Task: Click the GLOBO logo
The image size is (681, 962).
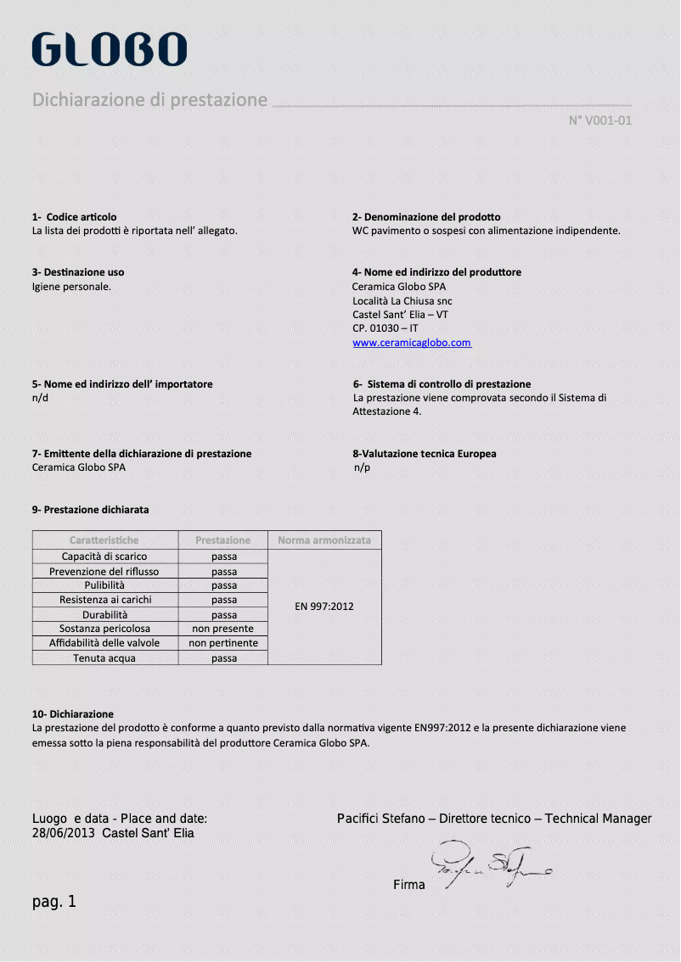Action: point(109,49)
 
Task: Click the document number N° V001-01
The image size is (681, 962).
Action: point(599,120)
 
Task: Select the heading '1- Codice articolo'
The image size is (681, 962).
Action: point(74,217)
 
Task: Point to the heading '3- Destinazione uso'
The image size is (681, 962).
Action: point(77,272)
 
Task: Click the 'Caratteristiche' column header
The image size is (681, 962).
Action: point(104,540)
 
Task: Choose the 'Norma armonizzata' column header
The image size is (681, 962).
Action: point(324,540)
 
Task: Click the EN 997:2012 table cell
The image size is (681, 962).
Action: point(324,607)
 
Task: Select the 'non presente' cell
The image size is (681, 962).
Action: point(222,629)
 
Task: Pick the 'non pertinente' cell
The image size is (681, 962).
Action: point(222,643)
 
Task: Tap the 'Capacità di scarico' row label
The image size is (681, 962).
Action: point(104,557)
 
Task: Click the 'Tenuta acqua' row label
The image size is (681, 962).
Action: point(104,657)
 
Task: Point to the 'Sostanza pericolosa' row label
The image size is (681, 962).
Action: point(104,629)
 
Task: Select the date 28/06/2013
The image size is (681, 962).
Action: point(64,833)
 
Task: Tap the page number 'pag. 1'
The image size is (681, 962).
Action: point(54,902)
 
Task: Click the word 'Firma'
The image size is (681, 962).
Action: point(409,885)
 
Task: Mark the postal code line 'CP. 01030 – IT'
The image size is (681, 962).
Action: point(385,328)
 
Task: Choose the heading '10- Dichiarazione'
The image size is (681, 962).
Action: point(72,714)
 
